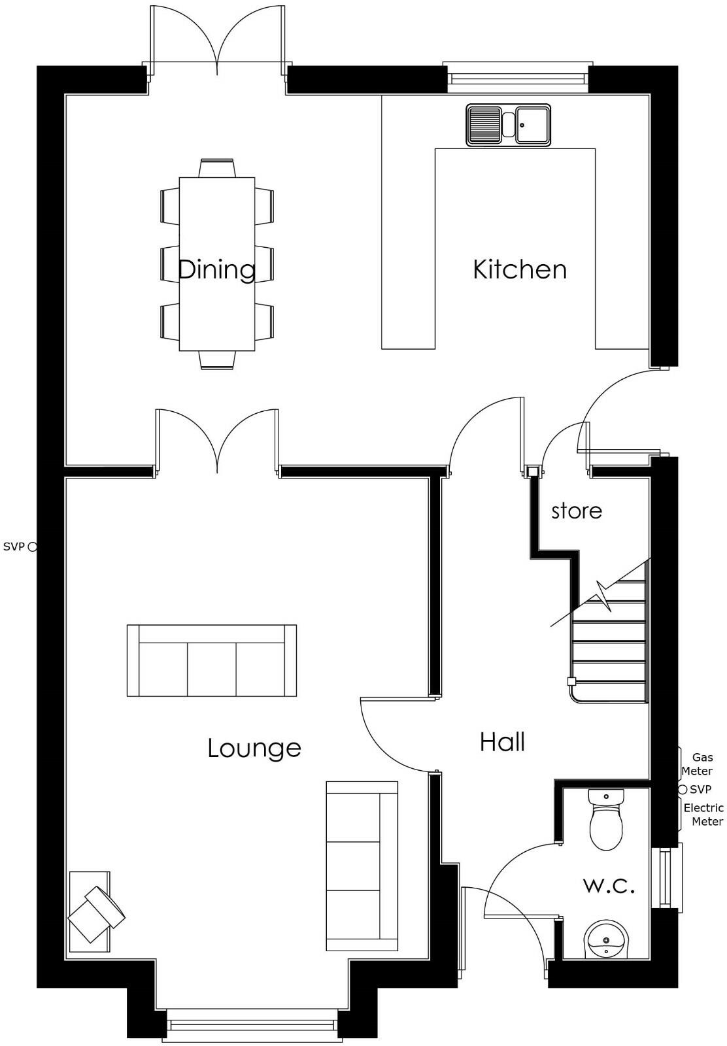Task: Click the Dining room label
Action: (216, 269)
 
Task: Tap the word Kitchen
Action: (520, 269)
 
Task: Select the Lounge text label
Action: (254, 748)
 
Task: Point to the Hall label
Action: (502, 743)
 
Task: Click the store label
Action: (576, 511)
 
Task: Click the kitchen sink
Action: (508, 125)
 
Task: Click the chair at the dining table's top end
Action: (217, 168)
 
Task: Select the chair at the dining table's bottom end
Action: (217, 360)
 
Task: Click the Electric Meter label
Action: (703, 815)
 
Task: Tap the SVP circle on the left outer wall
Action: (33, 547)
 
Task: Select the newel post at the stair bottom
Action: (571, 681)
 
